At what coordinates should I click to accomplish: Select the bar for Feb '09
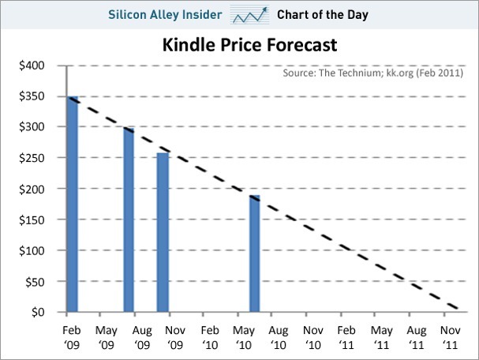pos(72,205)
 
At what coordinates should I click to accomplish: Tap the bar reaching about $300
pos(128,221)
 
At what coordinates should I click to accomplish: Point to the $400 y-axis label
pos(32,65)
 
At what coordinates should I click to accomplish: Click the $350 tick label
pos(32,96)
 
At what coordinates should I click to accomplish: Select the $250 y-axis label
pos(32,158)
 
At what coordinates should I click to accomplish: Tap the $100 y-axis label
pos(32,250)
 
